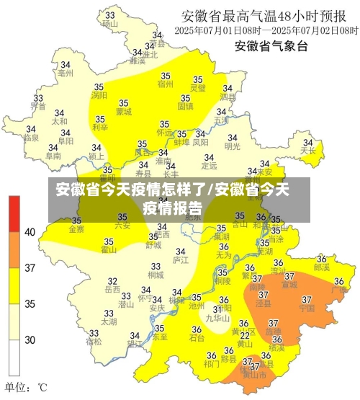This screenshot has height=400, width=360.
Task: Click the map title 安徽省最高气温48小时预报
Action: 269,16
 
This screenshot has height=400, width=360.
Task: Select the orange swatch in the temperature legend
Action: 13,250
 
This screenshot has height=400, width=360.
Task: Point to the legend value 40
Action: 30,232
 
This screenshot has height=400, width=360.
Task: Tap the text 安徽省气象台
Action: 271,47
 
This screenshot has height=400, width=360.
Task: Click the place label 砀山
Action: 109,24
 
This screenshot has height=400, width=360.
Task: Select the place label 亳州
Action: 66,73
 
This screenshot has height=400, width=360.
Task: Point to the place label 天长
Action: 308,151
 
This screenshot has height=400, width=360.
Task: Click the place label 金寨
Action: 76,229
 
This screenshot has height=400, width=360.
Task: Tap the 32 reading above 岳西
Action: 112,281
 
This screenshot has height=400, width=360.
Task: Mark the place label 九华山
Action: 217,318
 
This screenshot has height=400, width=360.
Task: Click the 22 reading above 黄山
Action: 245,335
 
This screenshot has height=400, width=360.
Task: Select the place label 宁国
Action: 306,308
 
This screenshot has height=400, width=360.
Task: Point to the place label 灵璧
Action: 197,88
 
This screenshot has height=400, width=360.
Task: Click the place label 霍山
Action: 109,250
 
